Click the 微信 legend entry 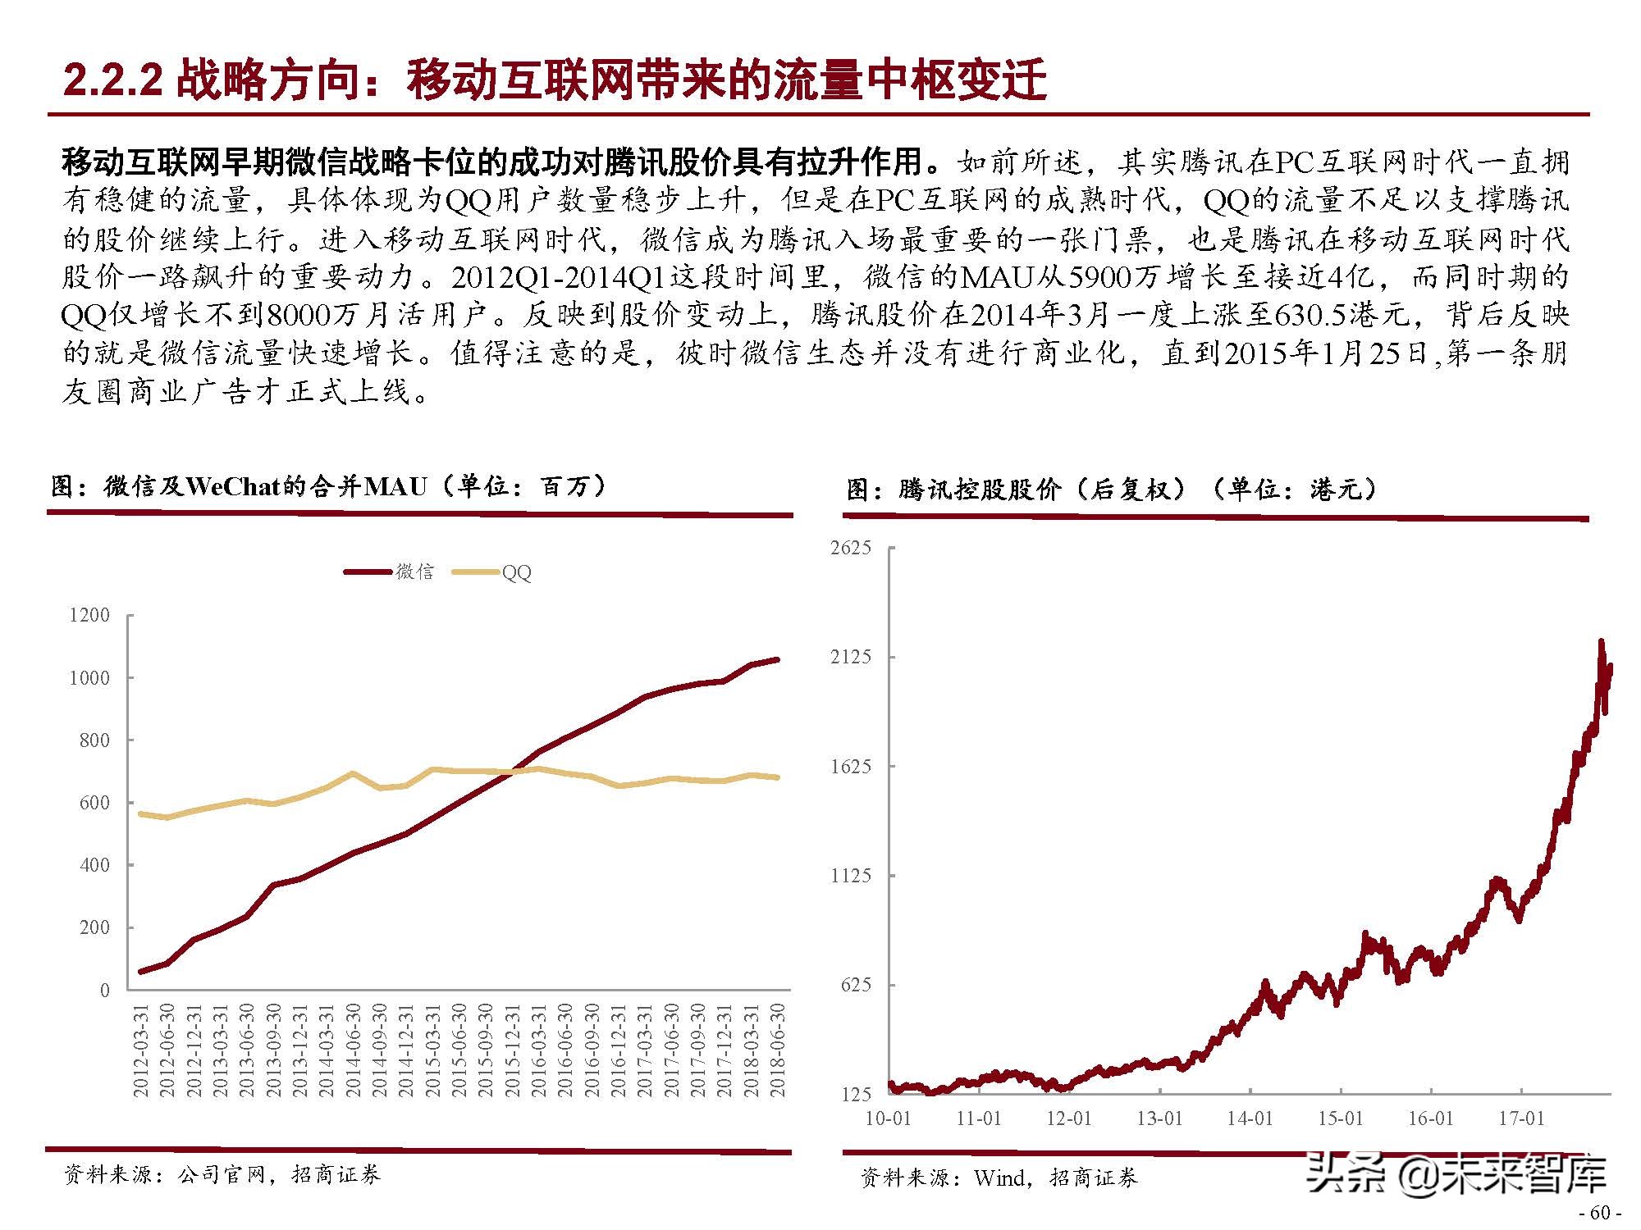point(414,572)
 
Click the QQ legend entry point(516,572)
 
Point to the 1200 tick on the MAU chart point(89,615)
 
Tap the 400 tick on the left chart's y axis point(94,865)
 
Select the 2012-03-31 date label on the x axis point(140,1050)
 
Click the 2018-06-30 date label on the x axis point(778,1050)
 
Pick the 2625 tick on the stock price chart point(850,548)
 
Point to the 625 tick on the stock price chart point(855,985)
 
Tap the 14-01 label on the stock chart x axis point(1249,1118)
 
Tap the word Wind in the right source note point(999,1178)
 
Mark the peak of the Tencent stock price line point(1601,642)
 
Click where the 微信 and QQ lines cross point(510,772)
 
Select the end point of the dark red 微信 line point(777,659)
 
